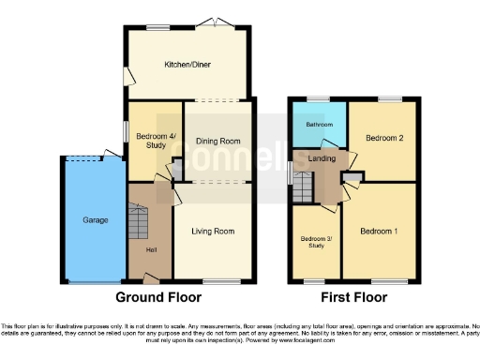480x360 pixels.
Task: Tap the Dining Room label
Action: click(217, 142)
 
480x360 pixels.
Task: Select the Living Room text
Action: click(213, 231)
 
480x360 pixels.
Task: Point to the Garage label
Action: click(95, 220)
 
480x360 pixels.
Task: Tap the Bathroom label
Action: click(318, 125)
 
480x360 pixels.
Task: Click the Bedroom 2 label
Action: click(383, 139)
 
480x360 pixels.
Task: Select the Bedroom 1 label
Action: click(380, 231)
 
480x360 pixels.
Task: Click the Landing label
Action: click(322, 159)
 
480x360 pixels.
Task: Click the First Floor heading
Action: click(355, 298)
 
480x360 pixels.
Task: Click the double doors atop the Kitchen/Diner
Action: click(217, 24)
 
